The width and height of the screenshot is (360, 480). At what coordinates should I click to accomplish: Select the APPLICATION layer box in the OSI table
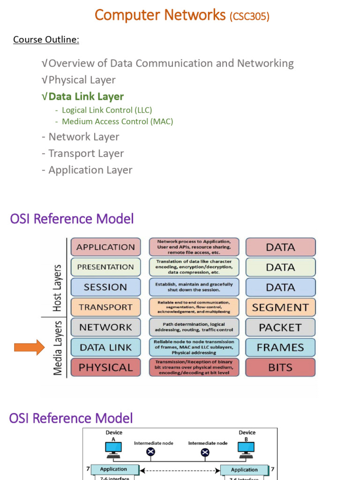(105, 247)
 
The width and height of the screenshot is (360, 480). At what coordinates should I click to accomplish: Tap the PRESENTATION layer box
(105, 267)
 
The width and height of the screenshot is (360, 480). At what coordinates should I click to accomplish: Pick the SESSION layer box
(105, 287)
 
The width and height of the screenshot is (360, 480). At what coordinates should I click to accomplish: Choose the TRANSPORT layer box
(105, 307)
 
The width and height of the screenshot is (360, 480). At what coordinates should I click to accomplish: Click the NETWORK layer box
(105, 327)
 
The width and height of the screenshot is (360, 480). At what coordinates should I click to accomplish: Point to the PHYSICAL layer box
(105, 367)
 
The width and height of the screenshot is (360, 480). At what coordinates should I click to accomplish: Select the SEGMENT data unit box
(280, 307)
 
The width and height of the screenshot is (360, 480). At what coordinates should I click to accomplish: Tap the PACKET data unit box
(280, 327)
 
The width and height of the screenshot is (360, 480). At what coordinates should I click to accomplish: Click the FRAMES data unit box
(280, 347)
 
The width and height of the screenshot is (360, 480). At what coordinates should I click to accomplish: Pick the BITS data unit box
(280, 367)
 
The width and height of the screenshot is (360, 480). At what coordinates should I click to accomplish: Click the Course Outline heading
(46, 39)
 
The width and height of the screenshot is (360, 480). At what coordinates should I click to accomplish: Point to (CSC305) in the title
(249, 17)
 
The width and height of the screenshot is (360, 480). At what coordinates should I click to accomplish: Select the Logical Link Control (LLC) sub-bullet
(107, 110)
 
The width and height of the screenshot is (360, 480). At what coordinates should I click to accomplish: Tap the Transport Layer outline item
(82, 154)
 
